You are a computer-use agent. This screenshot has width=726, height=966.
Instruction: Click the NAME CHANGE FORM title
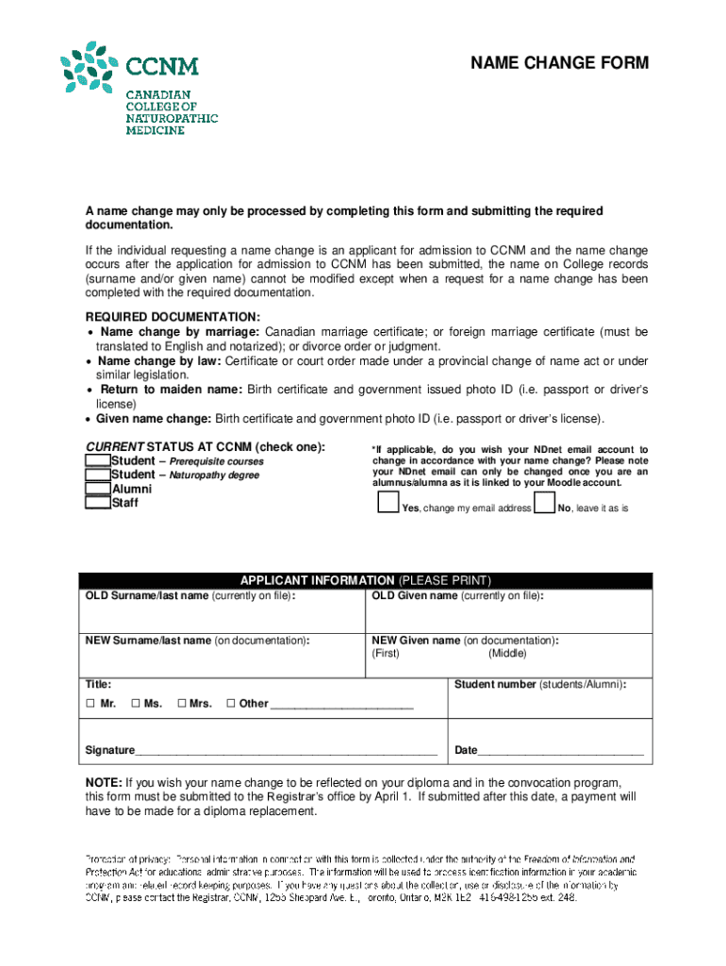560,63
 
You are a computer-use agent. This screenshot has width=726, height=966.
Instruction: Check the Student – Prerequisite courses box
97,460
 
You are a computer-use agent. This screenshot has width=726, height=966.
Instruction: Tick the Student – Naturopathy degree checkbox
97,475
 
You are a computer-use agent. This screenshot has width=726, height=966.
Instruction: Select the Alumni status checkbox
97,489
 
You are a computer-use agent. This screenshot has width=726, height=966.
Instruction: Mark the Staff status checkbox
97,503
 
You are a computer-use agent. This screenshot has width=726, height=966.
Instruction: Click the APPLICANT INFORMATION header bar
366,580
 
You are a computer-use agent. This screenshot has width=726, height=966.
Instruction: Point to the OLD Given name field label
457,596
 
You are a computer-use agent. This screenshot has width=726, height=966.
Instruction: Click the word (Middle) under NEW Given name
507,654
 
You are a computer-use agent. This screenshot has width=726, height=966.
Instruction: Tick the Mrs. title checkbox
182,704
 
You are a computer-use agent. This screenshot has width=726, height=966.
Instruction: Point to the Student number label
540,684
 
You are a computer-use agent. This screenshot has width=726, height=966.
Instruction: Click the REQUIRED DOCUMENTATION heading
173,317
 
